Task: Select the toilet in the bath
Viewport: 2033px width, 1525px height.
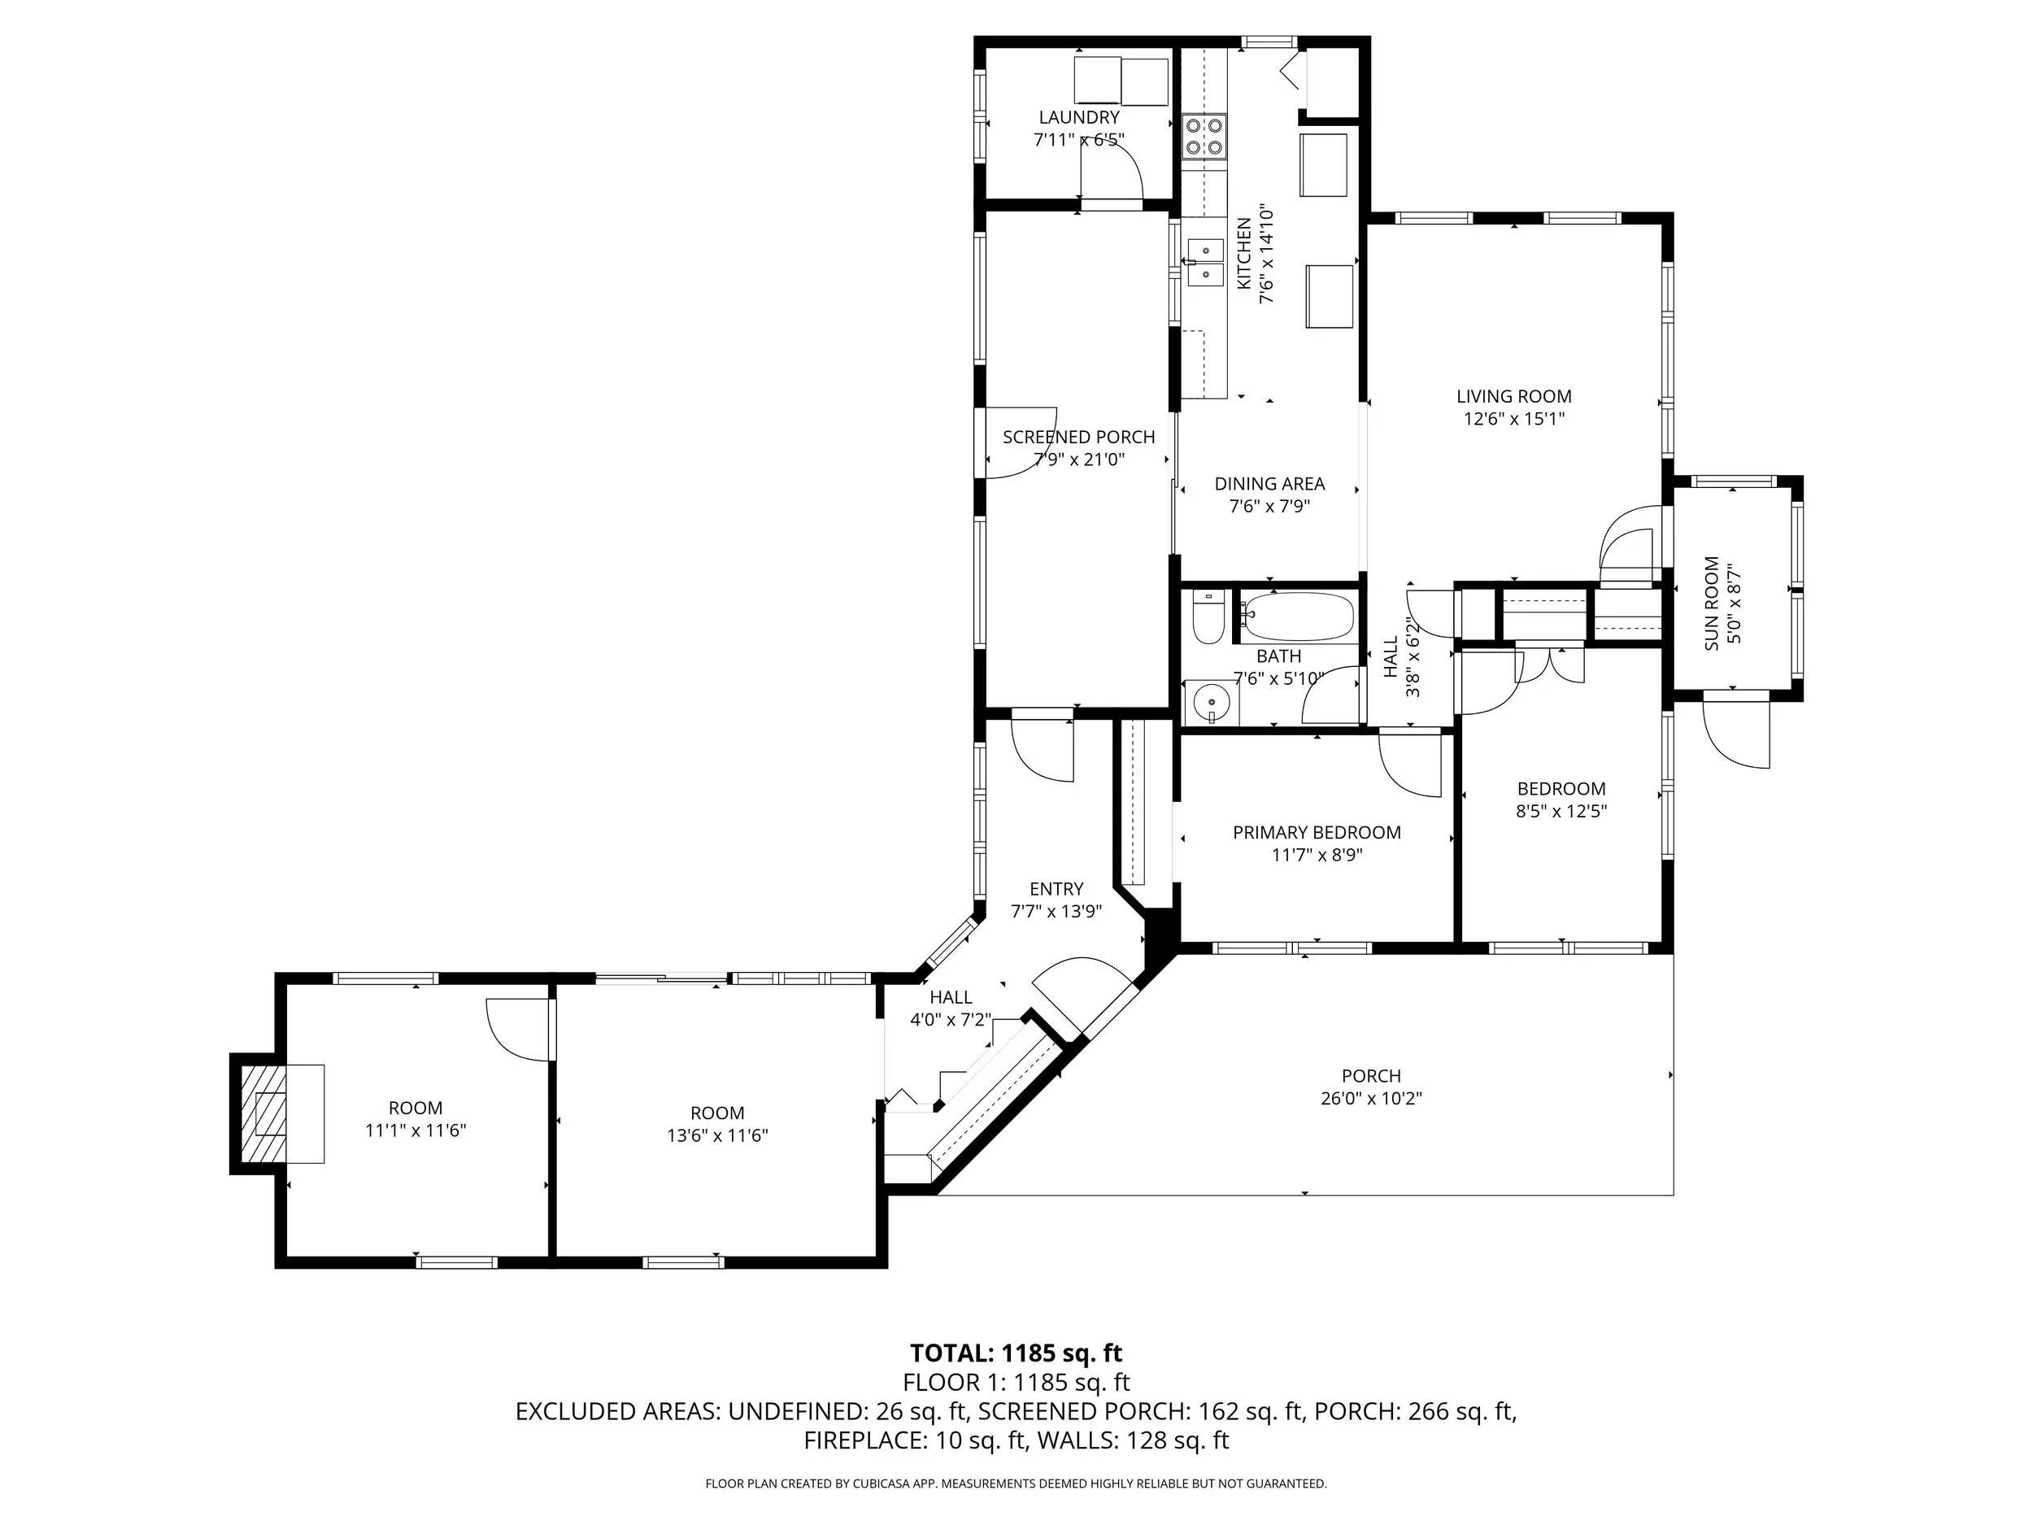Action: (x=1207, y=617)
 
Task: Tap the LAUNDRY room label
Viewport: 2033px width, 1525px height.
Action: (x=1079, y=117)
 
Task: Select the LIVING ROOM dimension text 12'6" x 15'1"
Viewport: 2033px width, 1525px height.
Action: (x=1513, y=419)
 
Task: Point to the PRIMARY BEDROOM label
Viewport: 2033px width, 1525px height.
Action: (x=1316, y=832)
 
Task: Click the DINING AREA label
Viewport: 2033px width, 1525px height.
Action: (x=1269, y=483)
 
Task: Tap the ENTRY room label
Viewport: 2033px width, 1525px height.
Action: (x=1056, y=888)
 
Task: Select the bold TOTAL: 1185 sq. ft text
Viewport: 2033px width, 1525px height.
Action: (x=1016, y=1353)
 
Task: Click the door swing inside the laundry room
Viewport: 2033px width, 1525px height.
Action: (x=1110, y=170)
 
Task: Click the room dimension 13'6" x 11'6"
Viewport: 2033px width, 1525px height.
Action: (x=717, y=1135)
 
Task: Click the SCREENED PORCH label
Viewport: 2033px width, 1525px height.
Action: (x=1078, y=437)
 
